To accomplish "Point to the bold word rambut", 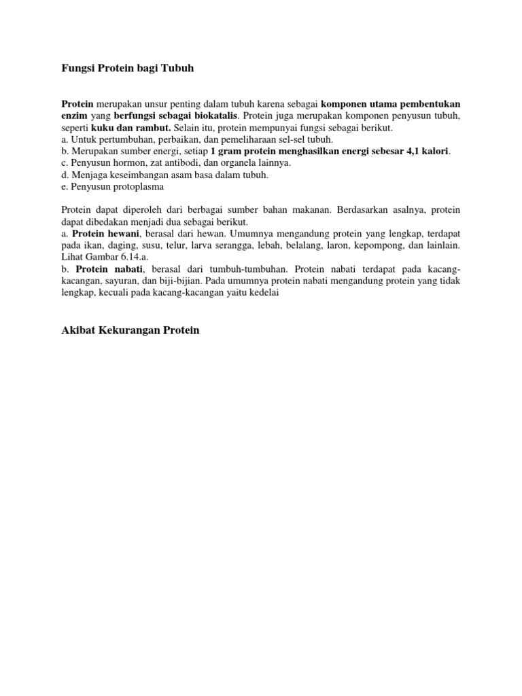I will [154, 128].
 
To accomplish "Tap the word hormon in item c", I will [126, 162].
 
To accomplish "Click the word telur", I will [179, 244].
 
